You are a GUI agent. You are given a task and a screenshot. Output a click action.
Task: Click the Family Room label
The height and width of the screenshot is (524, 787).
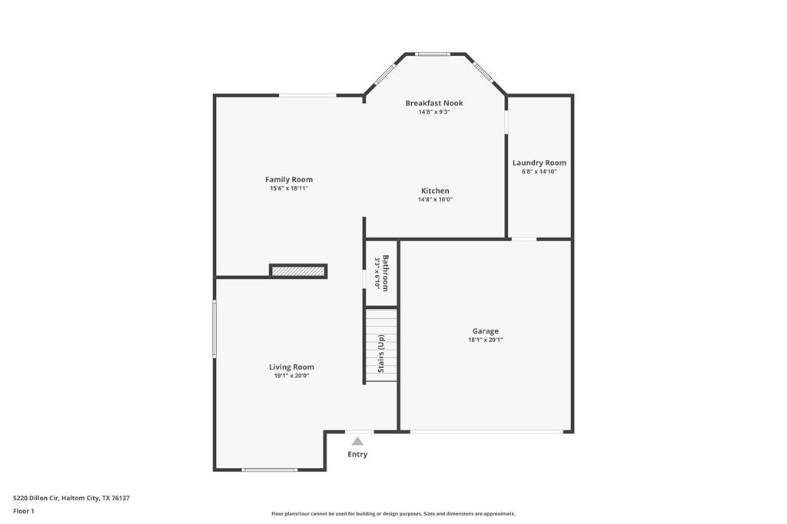[289, 180]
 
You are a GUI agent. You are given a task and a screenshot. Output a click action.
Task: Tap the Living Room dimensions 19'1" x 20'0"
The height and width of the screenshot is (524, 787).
[291, 376]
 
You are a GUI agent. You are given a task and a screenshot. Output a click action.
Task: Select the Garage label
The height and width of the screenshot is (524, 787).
[486, 331]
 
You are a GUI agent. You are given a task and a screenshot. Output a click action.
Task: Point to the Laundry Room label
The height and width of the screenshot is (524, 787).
[540, 163]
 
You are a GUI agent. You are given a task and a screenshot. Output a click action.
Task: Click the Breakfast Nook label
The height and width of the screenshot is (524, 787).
[434, 103]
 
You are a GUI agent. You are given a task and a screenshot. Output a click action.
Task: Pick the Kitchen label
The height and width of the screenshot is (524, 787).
[435, 191]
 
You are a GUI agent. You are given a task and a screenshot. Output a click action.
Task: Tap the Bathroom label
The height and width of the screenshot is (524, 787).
[386, 271]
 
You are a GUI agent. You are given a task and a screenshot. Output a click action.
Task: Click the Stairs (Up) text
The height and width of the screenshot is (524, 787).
[381, 354]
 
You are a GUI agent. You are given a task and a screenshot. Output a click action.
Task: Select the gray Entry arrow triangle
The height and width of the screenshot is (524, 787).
[357, 441]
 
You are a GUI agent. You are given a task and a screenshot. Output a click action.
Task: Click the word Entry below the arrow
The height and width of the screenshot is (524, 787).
[357, 454]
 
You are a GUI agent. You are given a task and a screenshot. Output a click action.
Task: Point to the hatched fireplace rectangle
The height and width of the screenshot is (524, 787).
[298, 270]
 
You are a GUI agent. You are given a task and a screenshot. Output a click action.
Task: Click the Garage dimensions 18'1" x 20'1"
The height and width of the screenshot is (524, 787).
[486, 340]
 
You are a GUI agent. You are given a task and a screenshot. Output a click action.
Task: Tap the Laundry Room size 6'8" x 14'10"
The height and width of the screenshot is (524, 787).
[540, 171]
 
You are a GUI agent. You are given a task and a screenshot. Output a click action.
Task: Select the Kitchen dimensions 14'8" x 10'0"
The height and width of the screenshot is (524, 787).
[435, 200]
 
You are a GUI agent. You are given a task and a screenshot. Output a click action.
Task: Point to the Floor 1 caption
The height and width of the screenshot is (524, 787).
[24, 511]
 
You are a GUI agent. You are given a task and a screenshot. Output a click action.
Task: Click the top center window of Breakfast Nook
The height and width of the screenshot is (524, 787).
[433, 54]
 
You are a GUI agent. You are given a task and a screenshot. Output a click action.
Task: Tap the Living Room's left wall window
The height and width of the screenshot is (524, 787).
[215, 328]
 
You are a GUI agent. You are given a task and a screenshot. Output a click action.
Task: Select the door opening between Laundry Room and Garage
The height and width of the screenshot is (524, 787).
[524, 239]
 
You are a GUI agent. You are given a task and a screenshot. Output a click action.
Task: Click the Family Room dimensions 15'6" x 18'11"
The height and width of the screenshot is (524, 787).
[289, 188]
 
